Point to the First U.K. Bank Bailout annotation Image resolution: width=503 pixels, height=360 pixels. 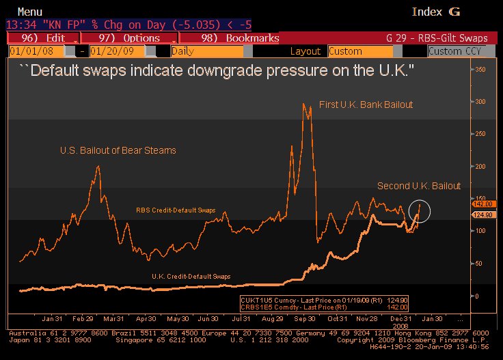coord(366,105)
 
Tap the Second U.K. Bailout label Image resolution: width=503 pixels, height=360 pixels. coord(419,186)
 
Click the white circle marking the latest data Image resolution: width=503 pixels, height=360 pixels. coord(420,210)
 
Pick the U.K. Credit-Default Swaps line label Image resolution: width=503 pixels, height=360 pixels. coord(191,276)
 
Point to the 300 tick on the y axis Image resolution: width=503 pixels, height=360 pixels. coord(480,102)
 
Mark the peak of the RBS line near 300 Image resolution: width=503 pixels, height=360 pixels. coord(303,104)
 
